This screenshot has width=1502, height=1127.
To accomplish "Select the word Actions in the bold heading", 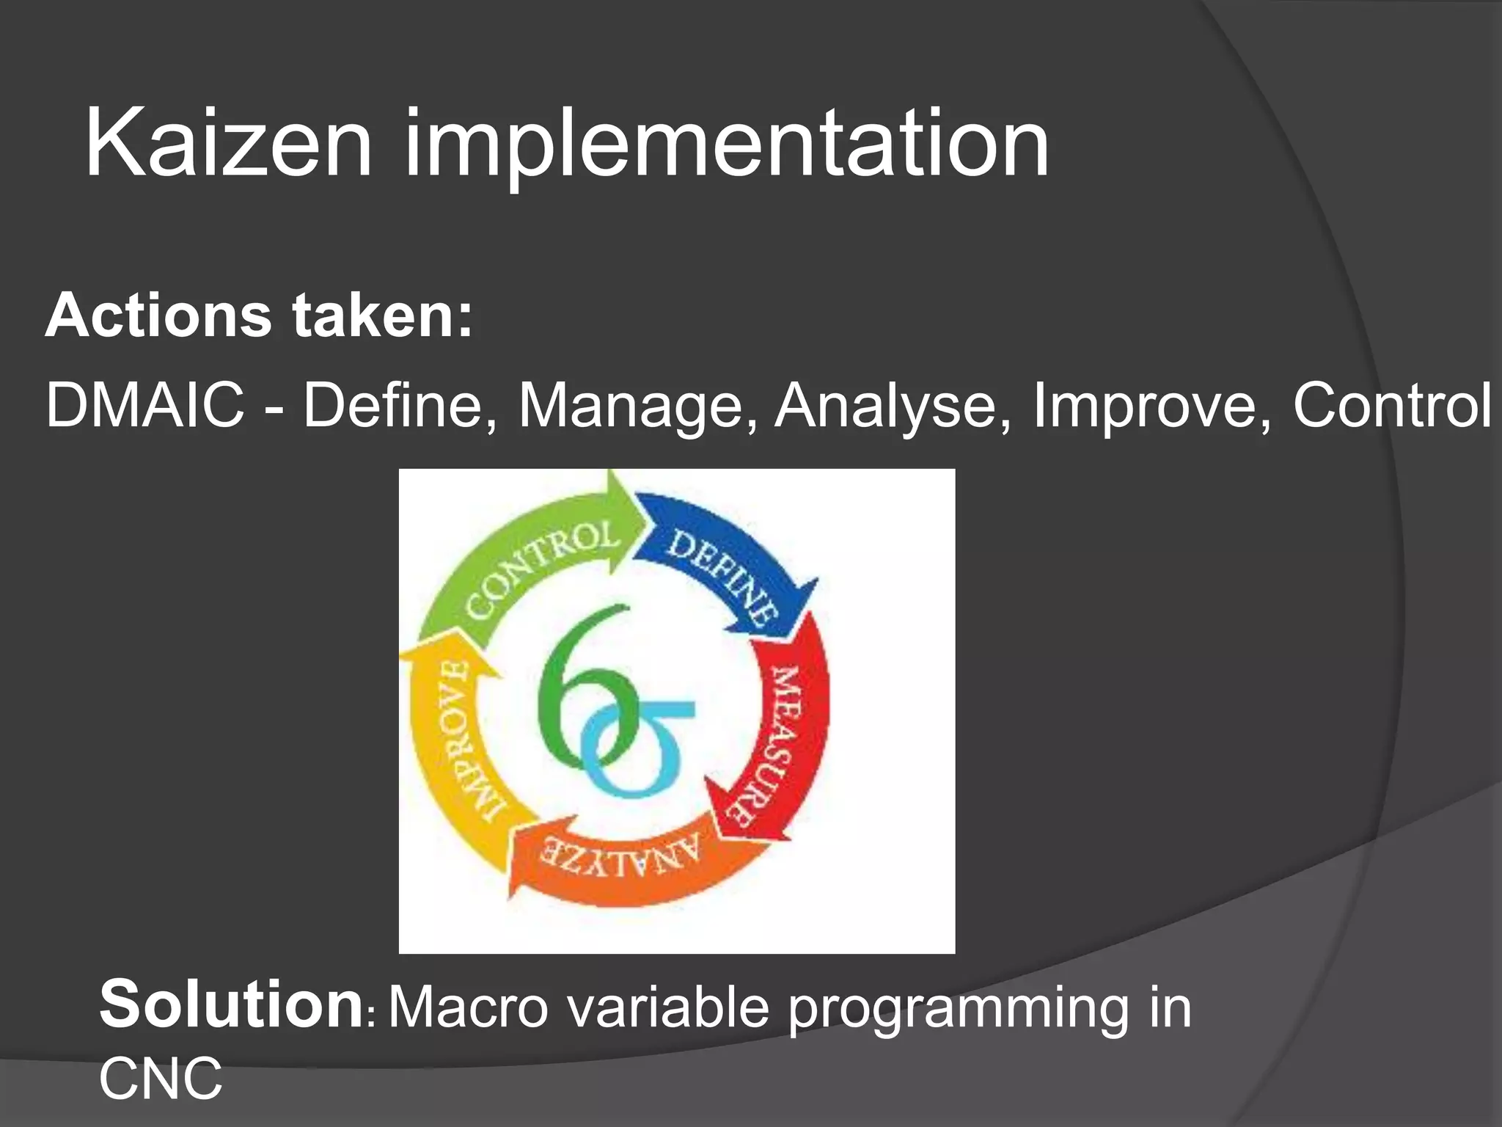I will (158, 316).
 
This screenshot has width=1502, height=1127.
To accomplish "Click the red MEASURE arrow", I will (788, 734).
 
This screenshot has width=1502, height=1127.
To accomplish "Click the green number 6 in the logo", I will (579, 690).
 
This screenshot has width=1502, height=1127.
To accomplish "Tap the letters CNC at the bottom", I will (161, 1079).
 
